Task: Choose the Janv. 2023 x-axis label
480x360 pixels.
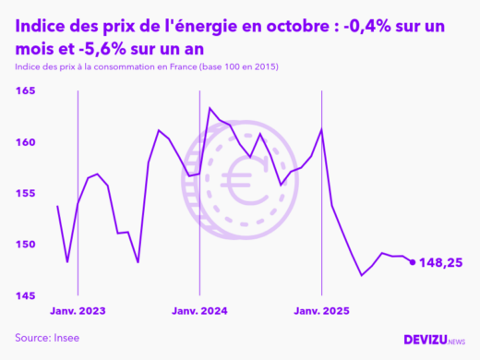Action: pyautogui.click(x=78, y=311)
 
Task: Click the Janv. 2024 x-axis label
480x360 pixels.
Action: pyautogui.click(x=199, y=311)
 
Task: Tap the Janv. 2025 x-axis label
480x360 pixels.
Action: pyautogui.click(x=321, y=311)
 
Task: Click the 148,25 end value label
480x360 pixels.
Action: pyautogui.click(x=443, y=262)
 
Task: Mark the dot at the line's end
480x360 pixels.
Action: pyautogui.click(x=412, y=262)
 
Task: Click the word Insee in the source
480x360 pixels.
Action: pyautogui.click(x=67, y=338)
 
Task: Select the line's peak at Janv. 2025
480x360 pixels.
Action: pyautogui.click(x=321, y=128)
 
